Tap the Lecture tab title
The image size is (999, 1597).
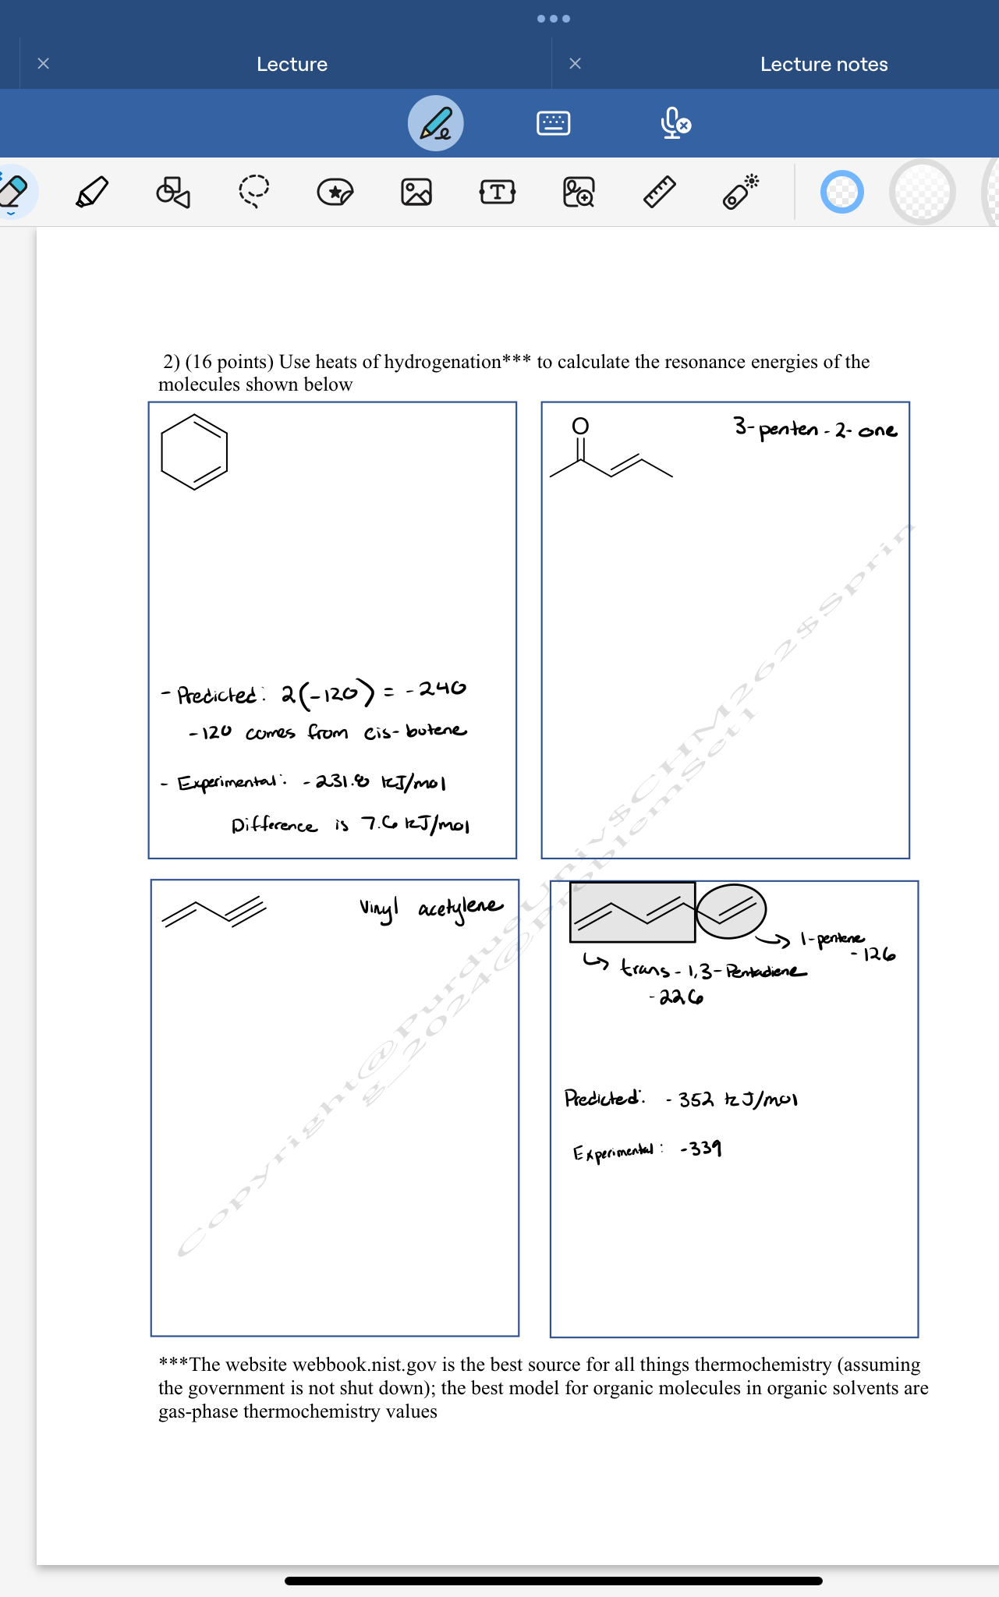(x=292, y=64)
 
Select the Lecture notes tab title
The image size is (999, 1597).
(x=824, y=64)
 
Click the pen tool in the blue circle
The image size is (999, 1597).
(x=436, y=123)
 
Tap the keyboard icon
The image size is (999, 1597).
(x=554, y=123)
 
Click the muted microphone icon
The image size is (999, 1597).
(x=675, y=123)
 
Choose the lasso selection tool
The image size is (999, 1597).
(x=254, y=191)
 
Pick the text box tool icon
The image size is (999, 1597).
(x=498, y=192)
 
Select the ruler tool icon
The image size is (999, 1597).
(x=660, y=192)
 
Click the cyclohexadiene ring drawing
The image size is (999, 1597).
(x=194, y=452)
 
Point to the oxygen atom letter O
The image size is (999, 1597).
(x=580, y=426)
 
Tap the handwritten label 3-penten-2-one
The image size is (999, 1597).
(x=815, y=429)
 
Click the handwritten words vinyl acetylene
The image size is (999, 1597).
(x=431, y=908)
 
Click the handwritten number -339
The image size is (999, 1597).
(x=701, y=1149)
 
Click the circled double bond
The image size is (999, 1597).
(x=731, y=911)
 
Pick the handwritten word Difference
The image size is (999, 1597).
(x=275, y=825)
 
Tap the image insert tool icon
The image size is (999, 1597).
(x=416, y=192)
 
